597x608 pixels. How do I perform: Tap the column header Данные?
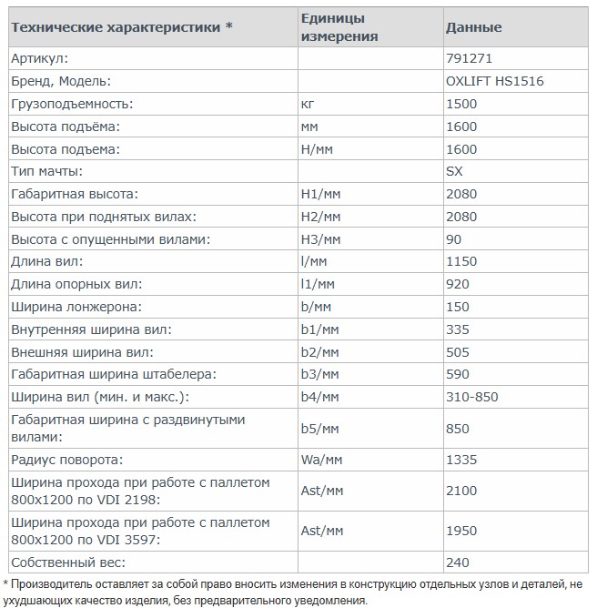coord(473,27)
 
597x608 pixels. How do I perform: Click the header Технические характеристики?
coord(121,27)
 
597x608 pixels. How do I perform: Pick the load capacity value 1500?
coord(461,104)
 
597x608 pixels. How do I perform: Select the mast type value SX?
coord(455,171)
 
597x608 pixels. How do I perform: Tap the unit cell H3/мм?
coord(320,239)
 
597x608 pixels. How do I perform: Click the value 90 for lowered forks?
coord(454,239)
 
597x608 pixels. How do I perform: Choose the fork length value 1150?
coord(461,262)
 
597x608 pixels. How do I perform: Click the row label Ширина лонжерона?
coord(76,307)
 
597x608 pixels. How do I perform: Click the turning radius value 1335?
coord(461,460)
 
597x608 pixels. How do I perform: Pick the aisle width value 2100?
coord(461,491)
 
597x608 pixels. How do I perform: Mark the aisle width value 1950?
coord(461,531)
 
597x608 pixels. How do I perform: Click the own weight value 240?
coord(458,562)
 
